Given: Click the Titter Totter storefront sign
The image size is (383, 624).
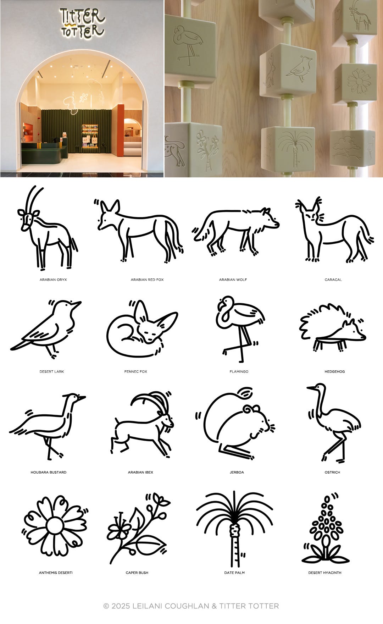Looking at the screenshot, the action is pos(82,23).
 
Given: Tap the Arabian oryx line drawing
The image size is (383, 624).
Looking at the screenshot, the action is pos(48,227).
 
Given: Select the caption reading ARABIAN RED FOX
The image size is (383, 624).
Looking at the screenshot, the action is pos(147,280).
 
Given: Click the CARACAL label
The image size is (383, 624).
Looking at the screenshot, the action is pos(333,280).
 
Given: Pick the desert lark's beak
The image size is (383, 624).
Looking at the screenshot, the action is pos(76,304).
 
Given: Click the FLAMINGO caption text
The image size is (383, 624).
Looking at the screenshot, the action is pos(239,371).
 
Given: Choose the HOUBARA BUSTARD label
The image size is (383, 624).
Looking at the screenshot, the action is pos(49,472).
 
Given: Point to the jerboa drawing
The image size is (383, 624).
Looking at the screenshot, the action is pos(235,424).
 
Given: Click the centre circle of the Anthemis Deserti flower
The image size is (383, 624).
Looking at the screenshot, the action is pos(55,526).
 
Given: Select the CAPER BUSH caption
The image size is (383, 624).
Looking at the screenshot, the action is pos(137,573).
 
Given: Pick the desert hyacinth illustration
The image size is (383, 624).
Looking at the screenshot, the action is pos(325,529).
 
